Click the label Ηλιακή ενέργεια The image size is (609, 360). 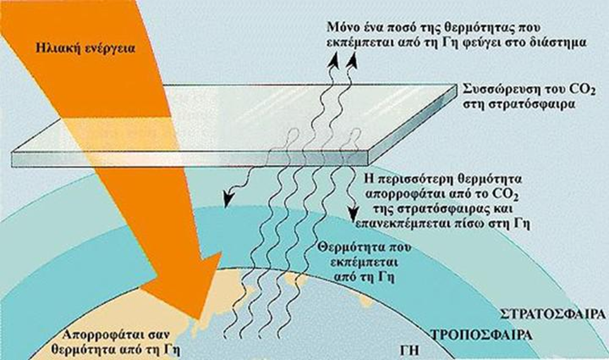point(85,49)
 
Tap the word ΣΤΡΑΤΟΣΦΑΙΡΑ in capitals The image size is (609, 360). point(553,314)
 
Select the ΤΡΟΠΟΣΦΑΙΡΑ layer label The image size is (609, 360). point(482,335)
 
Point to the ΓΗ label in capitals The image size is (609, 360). point(410,350)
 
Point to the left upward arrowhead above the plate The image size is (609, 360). point(334,61)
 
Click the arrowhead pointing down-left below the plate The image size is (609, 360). point(228,197)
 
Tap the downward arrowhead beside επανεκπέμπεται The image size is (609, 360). point(353,213)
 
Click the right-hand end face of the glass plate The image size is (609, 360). point(412,125)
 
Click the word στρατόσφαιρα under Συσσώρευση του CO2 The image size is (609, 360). point(519,105)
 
